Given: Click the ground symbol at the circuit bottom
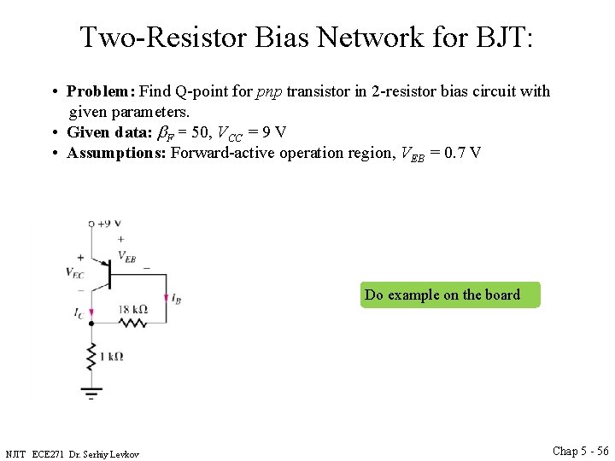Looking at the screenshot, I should pos(91,393).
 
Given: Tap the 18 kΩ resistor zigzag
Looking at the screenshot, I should pos(132,323).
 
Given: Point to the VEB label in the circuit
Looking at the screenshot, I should pos(126,256).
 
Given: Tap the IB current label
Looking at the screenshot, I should pos(175,299).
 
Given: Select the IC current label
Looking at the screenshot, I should pos(79,313).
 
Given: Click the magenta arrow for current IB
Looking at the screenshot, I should pos(166,293).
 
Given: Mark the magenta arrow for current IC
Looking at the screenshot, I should pos(91,309).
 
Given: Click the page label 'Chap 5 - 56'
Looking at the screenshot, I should pos(580,451).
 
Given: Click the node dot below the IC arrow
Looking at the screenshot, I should pos(91,324).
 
